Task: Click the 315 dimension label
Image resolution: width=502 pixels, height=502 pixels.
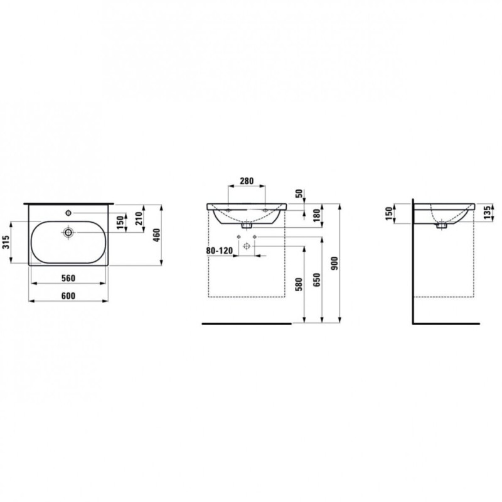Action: tap(6, 242)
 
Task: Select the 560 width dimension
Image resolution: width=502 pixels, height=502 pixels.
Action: tap(68, 278)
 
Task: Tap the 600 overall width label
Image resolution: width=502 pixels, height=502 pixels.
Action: tap(68, 296)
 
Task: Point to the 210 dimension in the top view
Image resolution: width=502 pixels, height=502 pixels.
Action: tap(139, 218)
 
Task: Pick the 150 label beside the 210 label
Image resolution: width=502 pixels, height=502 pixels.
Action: tap(120, 223)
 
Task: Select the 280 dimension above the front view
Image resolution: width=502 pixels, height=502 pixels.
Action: tap(247, 181)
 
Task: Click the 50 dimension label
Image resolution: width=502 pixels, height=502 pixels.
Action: tap(299, 194)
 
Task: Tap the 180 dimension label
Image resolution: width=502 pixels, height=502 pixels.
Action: tap(317, 216)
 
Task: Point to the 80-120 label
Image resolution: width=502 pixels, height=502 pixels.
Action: tap(219, 250)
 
